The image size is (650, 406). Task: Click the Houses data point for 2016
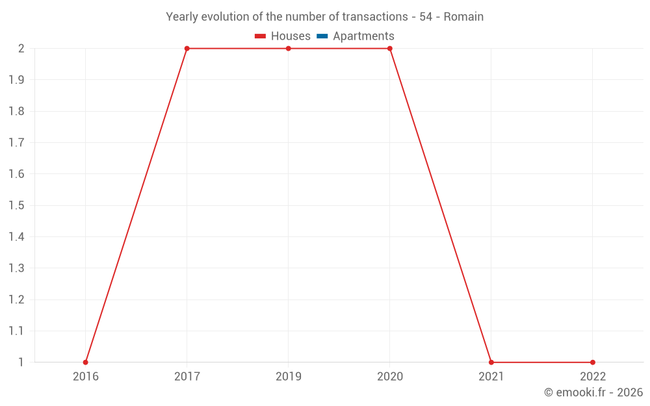(x=86, y=362)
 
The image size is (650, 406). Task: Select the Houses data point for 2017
(x=187, y=49)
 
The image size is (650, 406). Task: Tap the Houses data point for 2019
(x=289, y=49)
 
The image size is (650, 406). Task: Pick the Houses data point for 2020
(x=390, y=49)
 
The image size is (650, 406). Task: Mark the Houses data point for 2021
(x=491, y=362)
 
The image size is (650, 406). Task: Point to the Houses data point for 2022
(x=593, y=362)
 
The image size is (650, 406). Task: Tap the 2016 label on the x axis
(x=86, y=376)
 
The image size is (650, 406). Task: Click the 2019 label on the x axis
(x=289, y=376)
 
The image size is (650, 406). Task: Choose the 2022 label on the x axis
(x=593, y=376)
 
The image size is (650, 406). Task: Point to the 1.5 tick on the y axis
(x=16, y=205)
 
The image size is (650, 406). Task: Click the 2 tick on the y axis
(x=21, y=49)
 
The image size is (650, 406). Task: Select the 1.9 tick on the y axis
(x=16, y=80)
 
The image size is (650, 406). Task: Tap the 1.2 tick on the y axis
(x=16, y=299)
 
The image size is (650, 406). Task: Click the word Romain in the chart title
(x=463, y=17)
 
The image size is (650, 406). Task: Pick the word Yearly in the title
(x=182, y=17)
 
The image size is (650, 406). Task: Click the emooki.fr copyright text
(x=593, y=392)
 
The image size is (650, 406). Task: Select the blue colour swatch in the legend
(x=322, y=36)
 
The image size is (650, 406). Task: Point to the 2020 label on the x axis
(x=390, y=376)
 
